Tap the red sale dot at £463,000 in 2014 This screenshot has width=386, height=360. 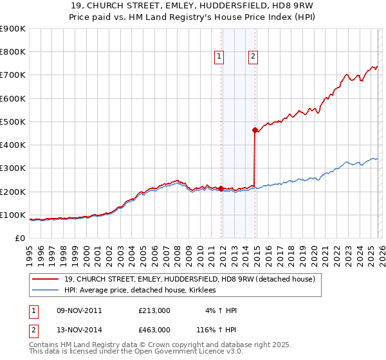coord(255,130)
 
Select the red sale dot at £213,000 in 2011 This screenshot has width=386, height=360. coord(221,188)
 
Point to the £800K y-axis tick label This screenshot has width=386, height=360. coord(13,52)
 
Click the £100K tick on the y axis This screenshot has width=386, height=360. coord(13,215)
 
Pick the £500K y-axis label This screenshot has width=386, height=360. coord(13,122)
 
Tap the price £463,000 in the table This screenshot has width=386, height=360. coord(154,329)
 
